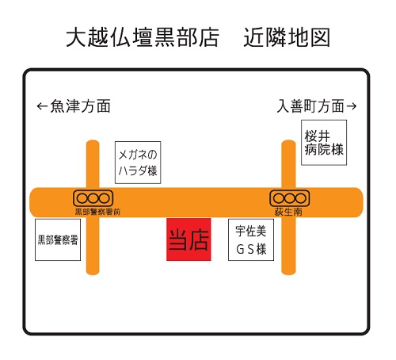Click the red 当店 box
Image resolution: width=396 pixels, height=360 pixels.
188,239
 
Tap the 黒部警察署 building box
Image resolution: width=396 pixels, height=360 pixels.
58,239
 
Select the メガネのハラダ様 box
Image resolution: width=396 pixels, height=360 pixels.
138,163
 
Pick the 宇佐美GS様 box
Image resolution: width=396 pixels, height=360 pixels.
251,239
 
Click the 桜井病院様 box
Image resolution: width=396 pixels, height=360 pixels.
324,143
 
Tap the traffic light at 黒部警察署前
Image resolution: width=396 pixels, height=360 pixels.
93,198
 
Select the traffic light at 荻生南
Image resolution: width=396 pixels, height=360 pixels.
289,198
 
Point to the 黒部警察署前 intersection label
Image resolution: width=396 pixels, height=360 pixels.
97,212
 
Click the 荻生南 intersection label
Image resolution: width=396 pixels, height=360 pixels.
288,212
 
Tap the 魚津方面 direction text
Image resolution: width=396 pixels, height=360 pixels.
81,106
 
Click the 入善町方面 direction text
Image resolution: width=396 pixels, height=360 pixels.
310,106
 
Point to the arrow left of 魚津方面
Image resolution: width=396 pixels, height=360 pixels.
42,106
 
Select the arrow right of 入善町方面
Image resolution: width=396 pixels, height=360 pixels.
352,106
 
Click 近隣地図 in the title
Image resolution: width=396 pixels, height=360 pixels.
287,37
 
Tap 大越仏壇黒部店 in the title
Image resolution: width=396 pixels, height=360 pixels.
143,37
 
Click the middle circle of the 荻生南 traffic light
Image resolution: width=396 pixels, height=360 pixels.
290,198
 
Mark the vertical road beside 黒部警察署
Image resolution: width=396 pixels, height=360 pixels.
93,207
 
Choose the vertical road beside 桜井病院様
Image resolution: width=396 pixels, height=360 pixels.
288,207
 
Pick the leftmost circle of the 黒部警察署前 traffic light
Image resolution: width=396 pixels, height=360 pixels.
82,198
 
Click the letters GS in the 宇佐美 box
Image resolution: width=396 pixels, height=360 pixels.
245,249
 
